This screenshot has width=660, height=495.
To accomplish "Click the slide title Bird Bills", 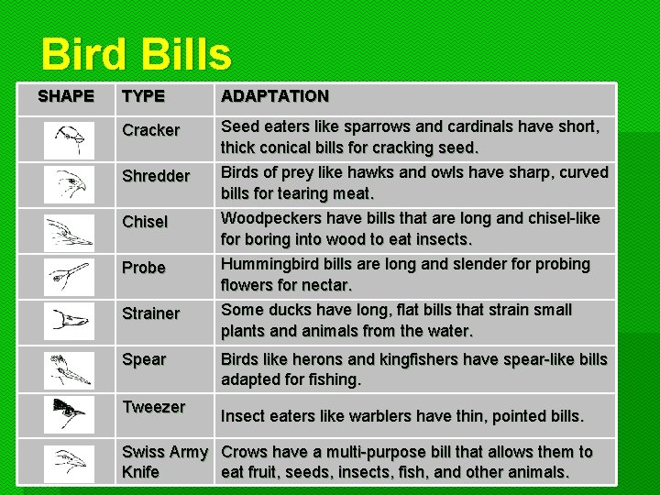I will [136, 54].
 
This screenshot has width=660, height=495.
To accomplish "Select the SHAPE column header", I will [66, 96].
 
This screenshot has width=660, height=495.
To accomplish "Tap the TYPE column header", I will [143, 96].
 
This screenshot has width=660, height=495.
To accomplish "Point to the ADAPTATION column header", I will [275, 96].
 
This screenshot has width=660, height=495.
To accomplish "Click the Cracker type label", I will [151, 130].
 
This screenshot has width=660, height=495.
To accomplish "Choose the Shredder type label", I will [156, 176].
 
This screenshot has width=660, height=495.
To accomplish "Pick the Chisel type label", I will [145, 222].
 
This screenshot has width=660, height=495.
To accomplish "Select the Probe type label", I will [144, 268].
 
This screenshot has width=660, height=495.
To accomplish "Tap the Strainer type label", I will [151, 313].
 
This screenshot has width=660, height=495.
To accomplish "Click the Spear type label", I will [144, 359].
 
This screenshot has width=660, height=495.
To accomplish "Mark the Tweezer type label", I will [154, 407].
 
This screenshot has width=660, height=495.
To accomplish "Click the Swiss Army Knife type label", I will [165, 462].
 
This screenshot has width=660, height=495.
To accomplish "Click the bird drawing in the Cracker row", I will [69, 140].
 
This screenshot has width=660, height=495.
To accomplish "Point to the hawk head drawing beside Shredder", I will [69, 184].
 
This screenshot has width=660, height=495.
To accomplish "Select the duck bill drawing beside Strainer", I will [69, 322].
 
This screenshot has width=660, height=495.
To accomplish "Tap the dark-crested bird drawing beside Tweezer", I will [69, 413].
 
